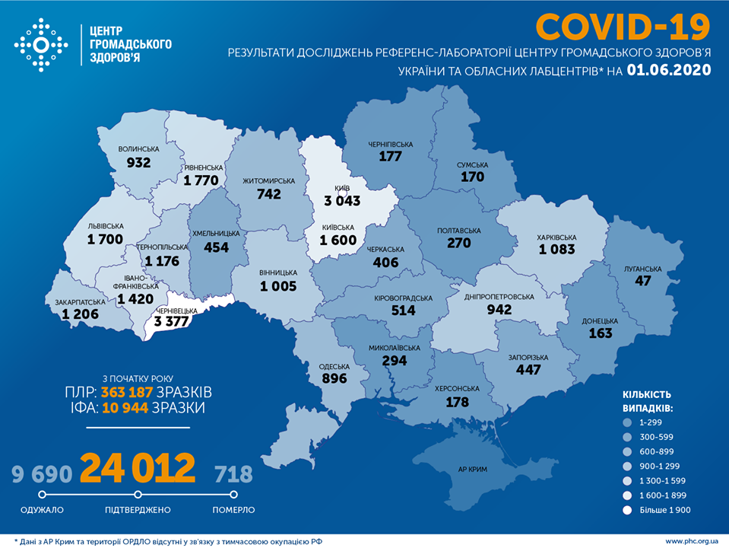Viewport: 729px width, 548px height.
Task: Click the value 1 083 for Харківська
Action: point(557,249)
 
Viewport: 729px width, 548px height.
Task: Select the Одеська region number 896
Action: point(334,378)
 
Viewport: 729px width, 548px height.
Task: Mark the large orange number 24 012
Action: point(138,468)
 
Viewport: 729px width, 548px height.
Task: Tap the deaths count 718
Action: point(233,474)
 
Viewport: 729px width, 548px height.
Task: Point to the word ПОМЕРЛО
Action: point(233,510)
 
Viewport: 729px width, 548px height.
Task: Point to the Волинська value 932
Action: point(138,162)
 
